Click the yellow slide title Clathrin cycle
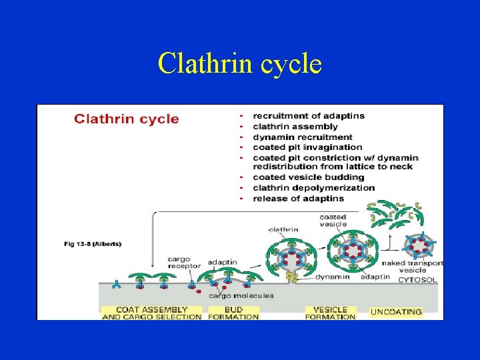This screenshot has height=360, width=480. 240,64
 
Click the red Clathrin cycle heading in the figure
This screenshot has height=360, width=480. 126,119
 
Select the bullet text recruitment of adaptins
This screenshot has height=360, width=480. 309,116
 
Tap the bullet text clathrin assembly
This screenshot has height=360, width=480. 295,127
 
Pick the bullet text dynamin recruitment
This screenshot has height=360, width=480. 303,137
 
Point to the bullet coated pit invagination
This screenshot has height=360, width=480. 307,147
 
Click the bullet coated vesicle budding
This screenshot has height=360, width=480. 308,177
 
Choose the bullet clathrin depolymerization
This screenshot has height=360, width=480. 314,188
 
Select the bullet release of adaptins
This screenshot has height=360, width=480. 298,198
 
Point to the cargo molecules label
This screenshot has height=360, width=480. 241,295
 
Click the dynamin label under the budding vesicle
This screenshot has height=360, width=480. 333,277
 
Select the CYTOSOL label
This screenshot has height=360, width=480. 418,280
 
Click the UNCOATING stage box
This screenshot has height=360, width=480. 396,311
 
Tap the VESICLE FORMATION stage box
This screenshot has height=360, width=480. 330,313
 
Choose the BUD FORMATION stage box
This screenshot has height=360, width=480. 233,313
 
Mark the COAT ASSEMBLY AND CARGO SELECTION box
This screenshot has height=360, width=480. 151,313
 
